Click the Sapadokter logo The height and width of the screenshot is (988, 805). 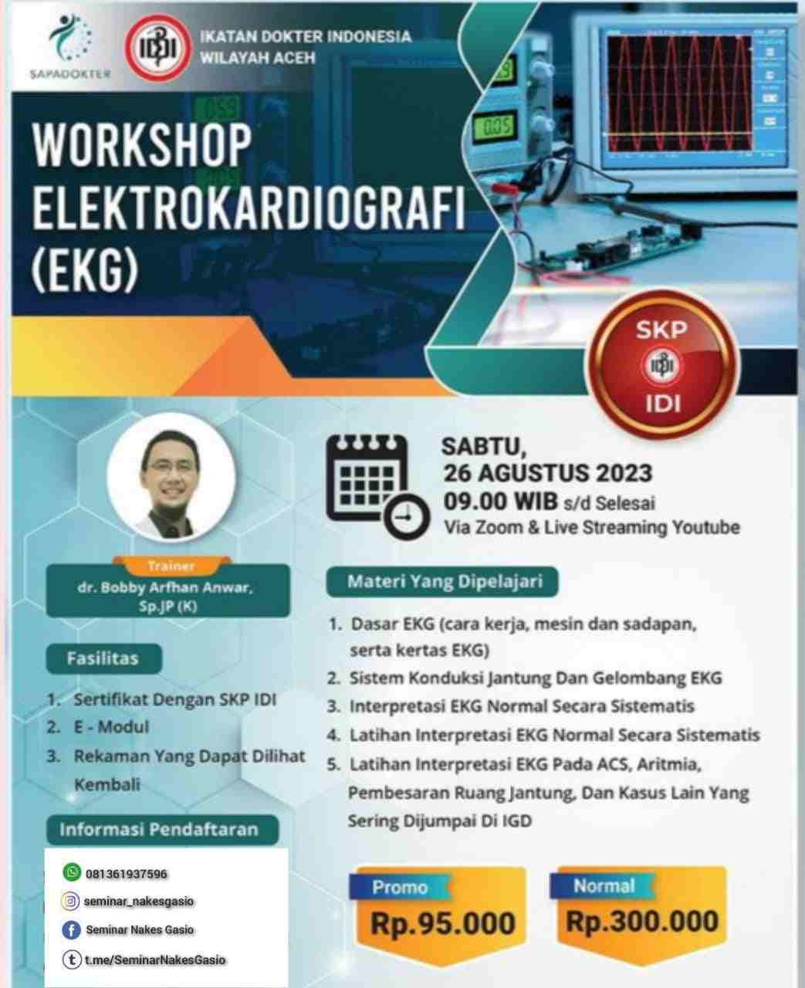pyautogui.click(x=69, y=47)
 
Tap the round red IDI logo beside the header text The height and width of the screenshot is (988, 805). pyautogui.click(x=158, y=48)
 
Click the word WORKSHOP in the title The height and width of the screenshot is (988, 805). pyautogui.click(x=142, y=145)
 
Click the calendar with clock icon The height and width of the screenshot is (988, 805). pyautogui.click(x=377, y=487)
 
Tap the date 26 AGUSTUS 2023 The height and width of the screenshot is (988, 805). pyautogui.click(x=548, y=474)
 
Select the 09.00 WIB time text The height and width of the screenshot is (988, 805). pyautogui.click(x=500, y=502)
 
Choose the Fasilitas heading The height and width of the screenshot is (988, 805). pyautogui.click(x=103, y=658)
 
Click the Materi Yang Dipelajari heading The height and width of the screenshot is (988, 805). pyautogui.click(x=442, y=582)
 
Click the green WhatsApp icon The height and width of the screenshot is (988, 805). pyautogui.click(x=73, y=872)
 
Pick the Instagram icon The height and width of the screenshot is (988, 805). pyautogui.click(x=71, y=901)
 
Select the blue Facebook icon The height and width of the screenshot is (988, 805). pyautogui.click(x=72, y=930)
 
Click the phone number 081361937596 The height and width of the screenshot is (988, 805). pyautogui.click(x=126, y=874)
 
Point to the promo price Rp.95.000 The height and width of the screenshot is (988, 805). pyautogui.click(x=443, y=923)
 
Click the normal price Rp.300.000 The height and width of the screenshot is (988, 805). pyautogui.click(x=642, y=922)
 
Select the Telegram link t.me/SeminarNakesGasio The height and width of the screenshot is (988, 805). pyautogui.click(x=155, y=959)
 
